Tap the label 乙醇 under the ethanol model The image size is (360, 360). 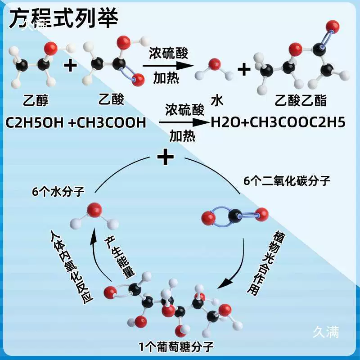[36, 100]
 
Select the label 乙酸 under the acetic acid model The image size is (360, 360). [111, 99]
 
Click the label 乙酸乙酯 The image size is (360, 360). [301, 100]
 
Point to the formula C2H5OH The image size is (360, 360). [35, 122]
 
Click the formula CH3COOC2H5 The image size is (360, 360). [297, 122]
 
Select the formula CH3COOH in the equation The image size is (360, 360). [111, 122]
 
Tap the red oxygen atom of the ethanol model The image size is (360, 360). [50, 49]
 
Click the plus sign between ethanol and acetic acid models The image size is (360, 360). [70, 65]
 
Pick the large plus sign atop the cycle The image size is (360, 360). [166, 157]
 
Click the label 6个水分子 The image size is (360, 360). [58, 192]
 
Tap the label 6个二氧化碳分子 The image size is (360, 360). [287, 181]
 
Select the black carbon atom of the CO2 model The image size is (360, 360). [235, 216]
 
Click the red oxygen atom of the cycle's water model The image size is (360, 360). [94, 210]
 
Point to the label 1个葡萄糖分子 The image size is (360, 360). [176, 346]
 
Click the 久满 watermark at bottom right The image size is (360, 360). [326, 332]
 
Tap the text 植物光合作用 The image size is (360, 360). [266, 263]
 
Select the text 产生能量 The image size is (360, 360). [119, 257]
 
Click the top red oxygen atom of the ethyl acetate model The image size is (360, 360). [333, 27]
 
